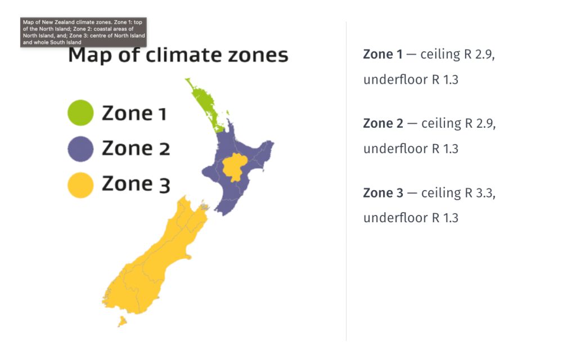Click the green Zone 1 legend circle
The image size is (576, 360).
tap(80, 112)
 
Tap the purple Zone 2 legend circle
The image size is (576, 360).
tap(80, 148)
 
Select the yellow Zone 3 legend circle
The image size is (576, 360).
tap(80, 185)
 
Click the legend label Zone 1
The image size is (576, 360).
tap(134, 113)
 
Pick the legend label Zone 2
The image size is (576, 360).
tap(136, 148)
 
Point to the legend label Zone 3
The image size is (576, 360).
tap(136, 184)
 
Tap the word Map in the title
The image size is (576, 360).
tap(89, 56)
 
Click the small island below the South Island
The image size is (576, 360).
tap(122, 322)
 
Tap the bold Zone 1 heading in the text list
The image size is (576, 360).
tap(382, 55)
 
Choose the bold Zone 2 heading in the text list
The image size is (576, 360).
tap(383, 123)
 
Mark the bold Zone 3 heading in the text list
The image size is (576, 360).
tap(383, 193)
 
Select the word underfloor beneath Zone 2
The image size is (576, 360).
tap(395, 148)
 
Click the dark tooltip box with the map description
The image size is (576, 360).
tap(83, 32)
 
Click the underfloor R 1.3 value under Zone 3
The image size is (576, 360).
tap(445, 218)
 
